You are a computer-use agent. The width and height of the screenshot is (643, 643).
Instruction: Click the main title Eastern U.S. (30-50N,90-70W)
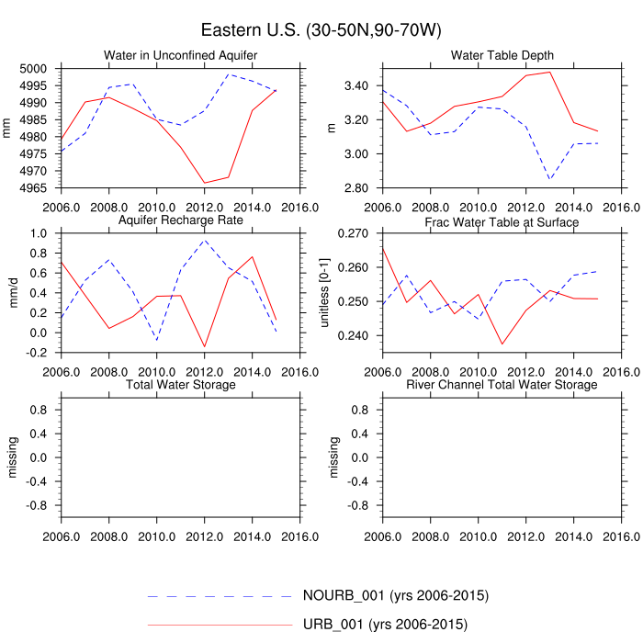click(x=321, y=30)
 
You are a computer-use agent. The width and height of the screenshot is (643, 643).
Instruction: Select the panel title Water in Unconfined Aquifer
click(x=180, y=57)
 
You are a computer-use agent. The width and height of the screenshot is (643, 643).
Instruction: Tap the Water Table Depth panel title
click(x=502, y=57)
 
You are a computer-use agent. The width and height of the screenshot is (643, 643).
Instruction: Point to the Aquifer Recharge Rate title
click(x=181, y=221)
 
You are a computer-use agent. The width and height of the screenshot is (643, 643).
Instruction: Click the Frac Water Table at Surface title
click(x=502, y=222)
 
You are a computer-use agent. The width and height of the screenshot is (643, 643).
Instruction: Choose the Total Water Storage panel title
click(x=181, y=384)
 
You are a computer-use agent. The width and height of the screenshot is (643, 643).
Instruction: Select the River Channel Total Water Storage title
click(x=502, y=384)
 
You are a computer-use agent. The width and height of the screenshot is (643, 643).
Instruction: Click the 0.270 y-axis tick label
click(x=353, y=233)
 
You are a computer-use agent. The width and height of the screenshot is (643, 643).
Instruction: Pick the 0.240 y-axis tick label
click(x=353, y=336)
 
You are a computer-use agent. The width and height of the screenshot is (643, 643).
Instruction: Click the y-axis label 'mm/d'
click(x=13, y=287)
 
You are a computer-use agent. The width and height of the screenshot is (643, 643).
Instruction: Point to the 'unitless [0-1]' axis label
click(x=324, y=287)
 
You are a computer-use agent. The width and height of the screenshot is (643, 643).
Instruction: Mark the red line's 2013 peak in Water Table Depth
click(x=549, y=72)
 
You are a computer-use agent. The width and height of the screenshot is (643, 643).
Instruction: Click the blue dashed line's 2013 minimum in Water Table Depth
click(x=549, y=178)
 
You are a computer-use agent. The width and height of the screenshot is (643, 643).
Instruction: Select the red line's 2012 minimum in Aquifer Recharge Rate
click(x=204, y=347)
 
